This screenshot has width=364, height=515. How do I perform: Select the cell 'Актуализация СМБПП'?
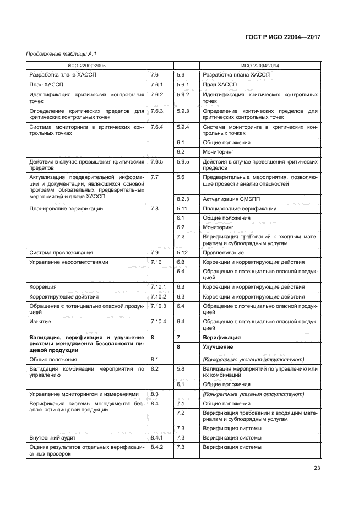232,199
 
